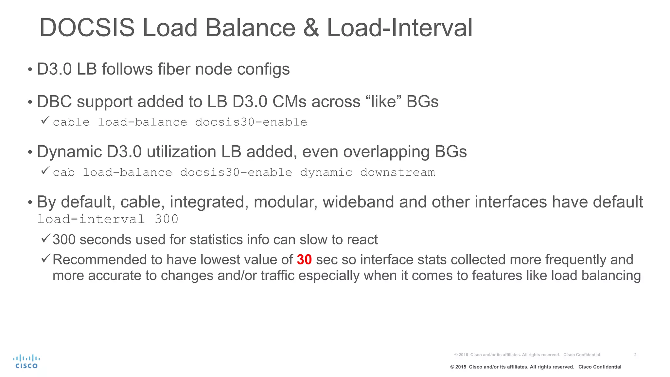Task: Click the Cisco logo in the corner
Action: click(x=26, y=361)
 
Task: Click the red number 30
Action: click(x=304, y=260)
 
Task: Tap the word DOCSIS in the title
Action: click(x=87, y=28)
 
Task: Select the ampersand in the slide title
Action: click(x=311, y=28)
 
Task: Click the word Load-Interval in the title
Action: click(x=399, y=28)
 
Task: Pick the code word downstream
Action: click(x=397, y=172)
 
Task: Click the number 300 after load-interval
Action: click(x=166, y=219)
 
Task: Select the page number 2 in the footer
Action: click(x=635, y=355)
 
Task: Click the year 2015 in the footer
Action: click(x=461, y=367)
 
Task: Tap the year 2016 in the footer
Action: click(x=463, y=355)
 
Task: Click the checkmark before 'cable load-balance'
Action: click(x=45, y=120)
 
